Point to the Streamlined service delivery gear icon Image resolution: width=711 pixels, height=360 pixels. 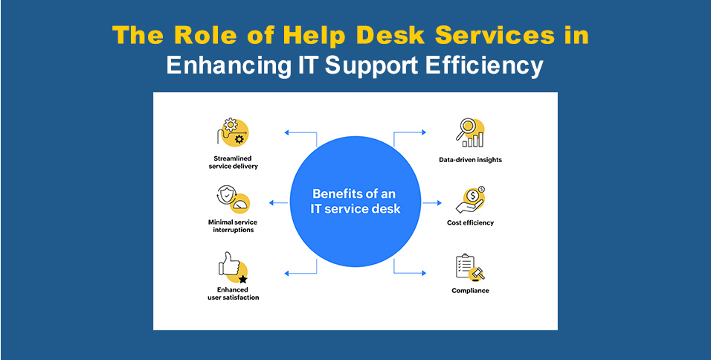point(233,132)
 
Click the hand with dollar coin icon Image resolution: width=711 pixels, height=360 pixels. point(471,199)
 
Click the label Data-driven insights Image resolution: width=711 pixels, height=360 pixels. point(470,160)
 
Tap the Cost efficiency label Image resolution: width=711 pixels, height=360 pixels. point(470,223)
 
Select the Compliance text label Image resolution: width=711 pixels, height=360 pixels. point(470,291)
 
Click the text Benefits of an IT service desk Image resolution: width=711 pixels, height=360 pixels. point(355,202)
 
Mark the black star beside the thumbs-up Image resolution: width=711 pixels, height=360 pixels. point(243,278)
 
